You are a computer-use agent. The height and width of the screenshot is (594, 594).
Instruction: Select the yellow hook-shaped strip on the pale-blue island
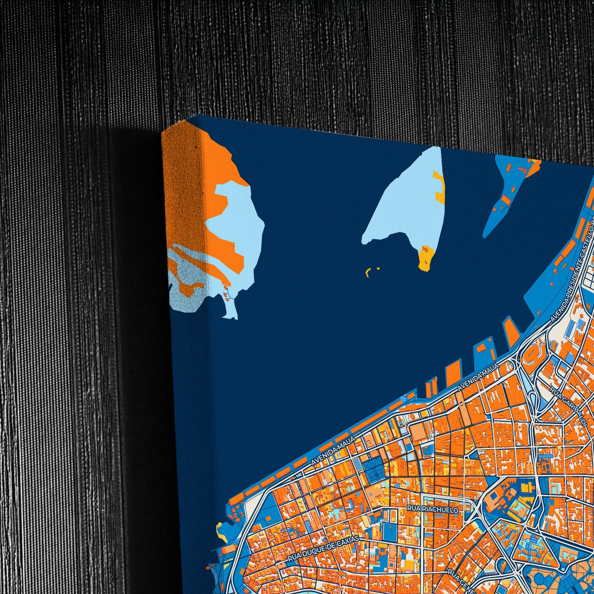[x=440, y=187]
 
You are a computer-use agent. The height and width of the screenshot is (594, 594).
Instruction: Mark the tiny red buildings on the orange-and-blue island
[x=227, y=294]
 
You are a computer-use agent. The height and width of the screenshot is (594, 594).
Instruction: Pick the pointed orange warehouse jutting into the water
[x=511, y=331]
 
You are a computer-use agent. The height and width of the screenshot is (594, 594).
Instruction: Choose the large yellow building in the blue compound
[x=525, y=488]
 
